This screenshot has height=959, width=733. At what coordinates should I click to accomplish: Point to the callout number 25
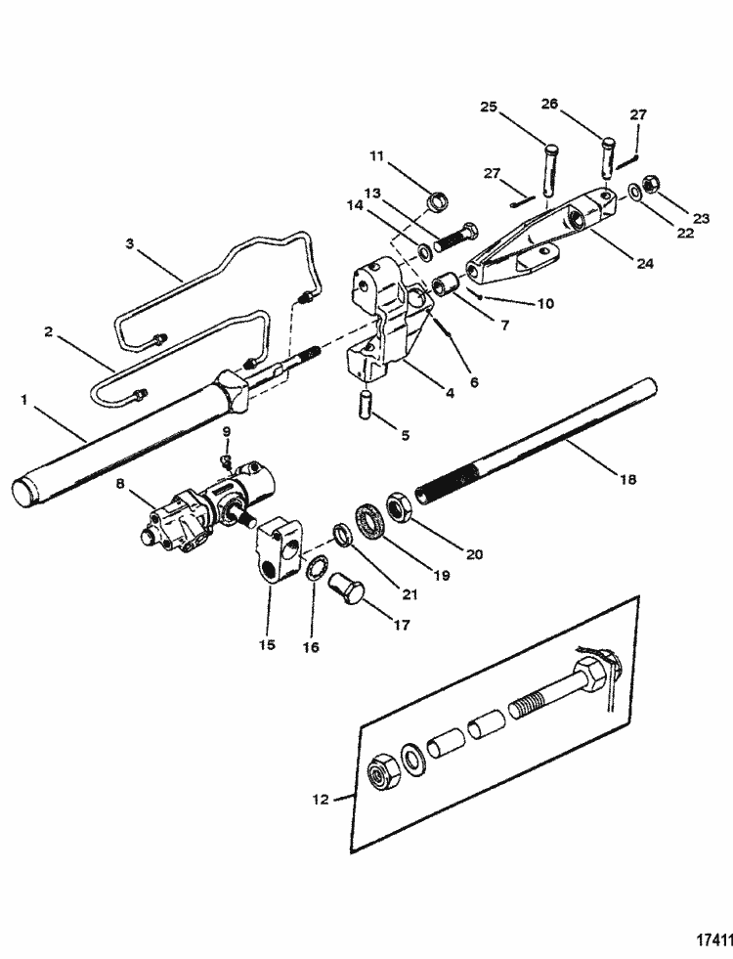[x=490, y=106]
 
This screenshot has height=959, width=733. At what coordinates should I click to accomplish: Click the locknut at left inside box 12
[x=380, y=772]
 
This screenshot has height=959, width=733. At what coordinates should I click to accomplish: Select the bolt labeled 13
[x=455, y=239]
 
